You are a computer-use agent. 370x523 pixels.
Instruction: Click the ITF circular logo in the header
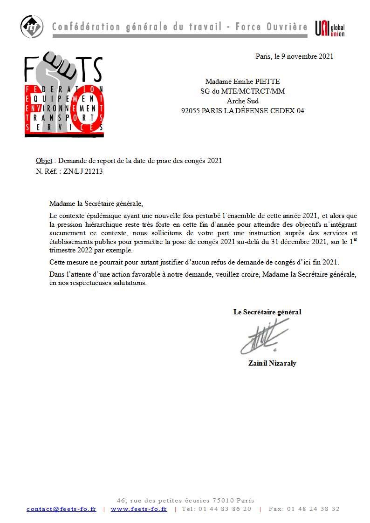[x=32, y=27]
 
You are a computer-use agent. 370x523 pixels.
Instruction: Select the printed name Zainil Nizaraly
[x=272, y=363]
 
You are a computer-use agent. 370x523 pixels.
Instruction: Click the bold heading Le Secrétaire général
[x=267, y=312]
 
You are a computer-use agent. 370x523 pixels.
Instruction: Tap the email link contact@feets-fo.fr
[x=61, y=509]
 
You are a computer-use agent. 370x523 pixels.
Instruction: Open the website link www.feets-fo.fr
[x=138, y=509]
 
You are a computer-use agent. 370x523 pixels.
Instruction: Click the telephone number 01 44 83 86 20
[x=224, y=509]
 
